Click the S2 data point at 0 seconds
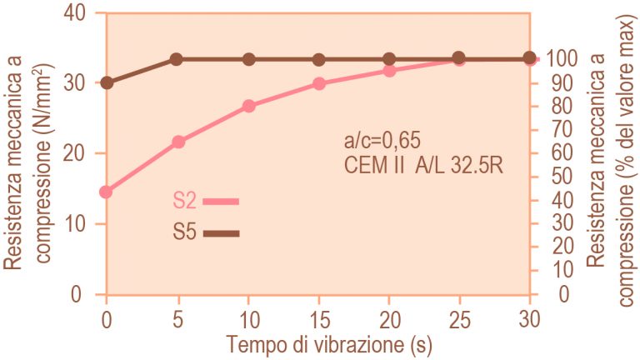tap(106, 192)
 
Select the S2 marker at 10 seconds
tap(249, 106)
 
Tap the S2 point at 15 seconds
tap(320, 84)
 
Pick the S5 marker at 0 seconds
tap(107, 83)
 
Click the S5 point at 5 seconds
tap(176, 60)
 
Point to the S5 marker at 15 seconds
tap(319, 60)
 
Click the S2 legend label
tap(185, 201)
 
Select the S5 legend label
tap(185, 232)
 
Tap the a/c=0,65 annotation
tap(382, 141)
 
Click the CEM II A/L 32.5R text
tap(423, 165)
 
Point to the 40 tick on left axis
tap(75, 13)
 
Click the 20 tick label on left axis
tap(75, 153)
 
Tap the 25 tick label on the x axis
tap(460, 319)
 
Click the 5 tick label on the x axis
tap(177, 319)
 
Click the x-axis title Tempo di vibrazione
tap(329, 344)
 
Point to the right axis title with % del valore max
tap(610, 160)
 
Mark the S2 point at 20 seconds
tap(389, 71)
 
